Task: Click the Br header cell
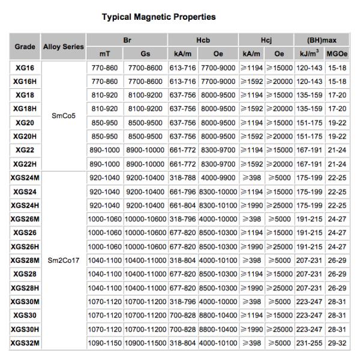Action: [127, 41]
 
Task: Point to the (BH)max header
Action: [323, 41]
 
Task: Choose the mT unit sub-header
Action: [104, 53]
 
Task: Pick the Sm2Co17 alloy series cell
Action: [63, 260]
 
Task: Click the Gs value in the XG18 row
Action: [145, 95]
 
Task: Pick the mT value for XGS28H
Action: [104, 288]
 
